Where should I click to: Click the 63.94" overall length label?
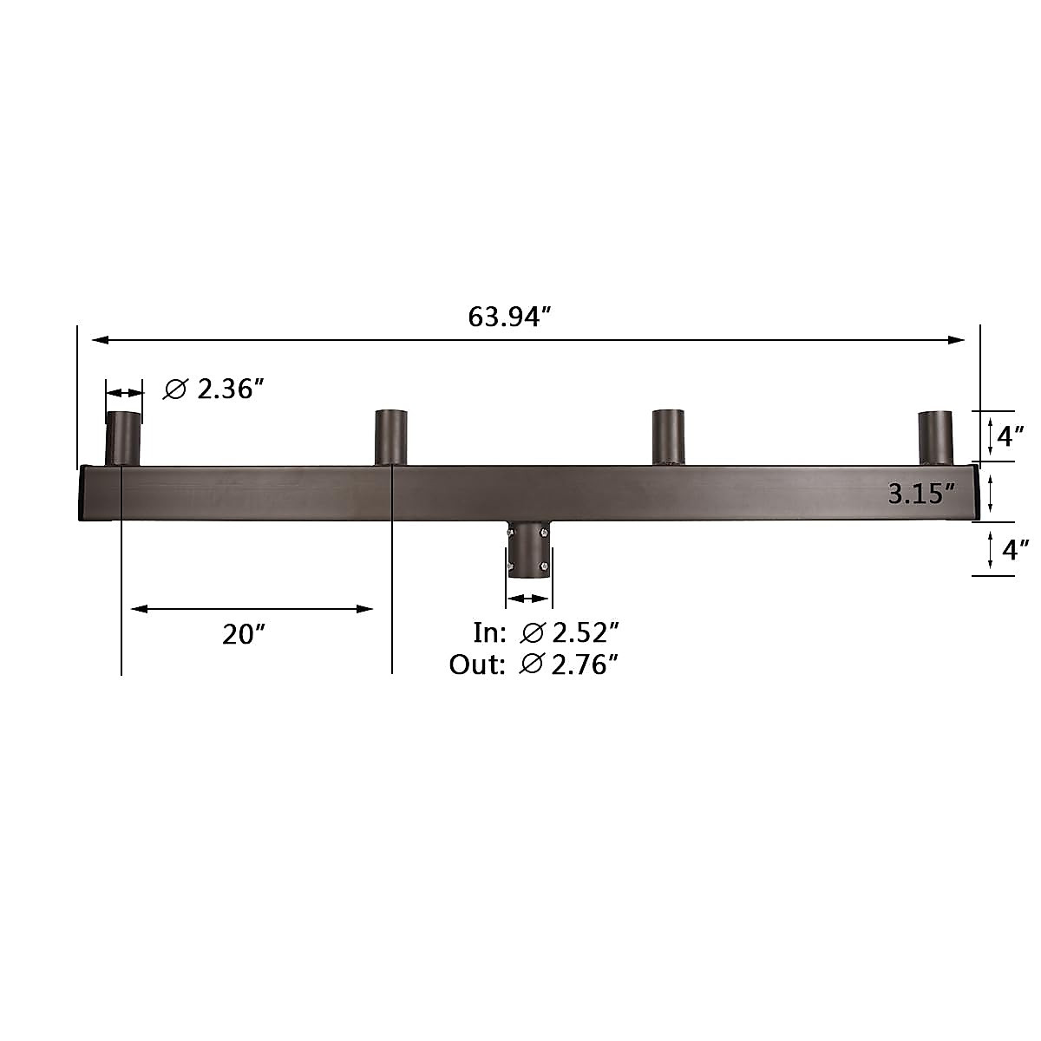click(x=509, y=317)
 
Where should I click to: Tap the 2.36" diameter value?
click(x=231, y=389)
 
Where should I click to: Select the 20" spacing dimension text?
click(x=244, y=634)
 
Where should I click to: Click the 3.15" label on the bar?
click(x=921, y=494)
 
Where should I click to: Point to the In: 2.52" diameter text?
click(x=547, y=632)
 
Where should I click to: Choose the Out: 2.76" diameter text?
click(x=534, y=665)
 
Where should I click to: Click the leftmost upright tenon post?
click(x=123, y=439)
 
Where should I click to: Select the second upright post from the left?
click(x=391, y=437)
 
